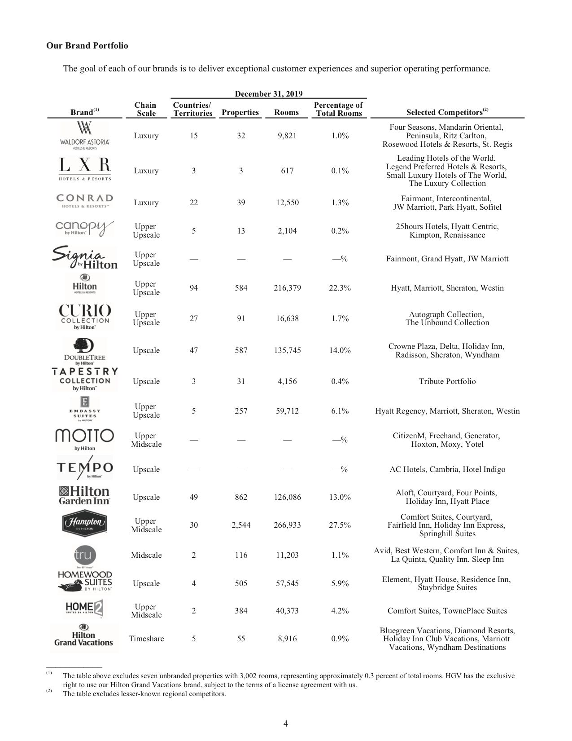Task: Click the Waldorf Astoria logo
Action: pos(84,136)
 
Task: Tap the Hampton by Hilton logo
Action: pos(84,524)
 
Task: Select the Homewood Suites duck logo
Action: pos(84,582)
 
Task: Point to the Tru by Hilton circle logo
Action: pos(84,555)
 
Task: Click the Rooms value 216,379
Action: pos(287,288)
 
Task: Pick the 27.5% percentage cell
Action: pos(340,525)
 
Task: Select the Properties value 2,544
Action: pos(241,525)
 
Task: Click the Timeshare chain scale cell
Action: pos(146,639)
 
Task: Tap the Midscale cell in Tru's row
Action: pos(146,555)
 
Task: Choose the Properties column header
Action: pos(240,112)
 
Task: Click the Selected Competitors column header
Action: pos(447,112)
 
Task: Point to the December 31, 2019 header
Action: pos(269,94)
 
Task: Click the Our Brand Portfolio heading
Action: pos(87,46)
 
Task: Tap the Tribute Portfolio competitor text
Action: pos(447,381)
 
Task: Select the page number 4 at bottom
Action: pos(286,723)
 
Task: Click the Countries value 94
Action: pos(194,288)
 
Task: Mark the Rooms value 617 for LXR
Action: pos(287,171)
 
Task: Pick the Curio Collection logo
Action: pos(85,317)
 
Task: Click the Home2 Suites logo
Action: pos(84,609)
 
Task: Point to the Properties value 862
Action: pos(241,497)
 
